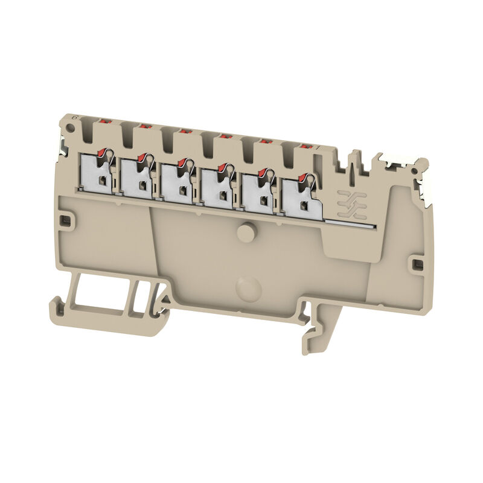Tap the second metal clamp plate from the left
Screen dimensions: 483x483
pos(138,178)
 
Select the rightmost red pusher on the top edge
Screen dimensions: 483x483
pos(304,146)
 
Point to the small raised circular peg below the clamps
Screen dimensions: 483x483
pos(245,232)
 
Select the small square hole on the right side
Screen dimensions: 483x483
pos(415,264)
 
